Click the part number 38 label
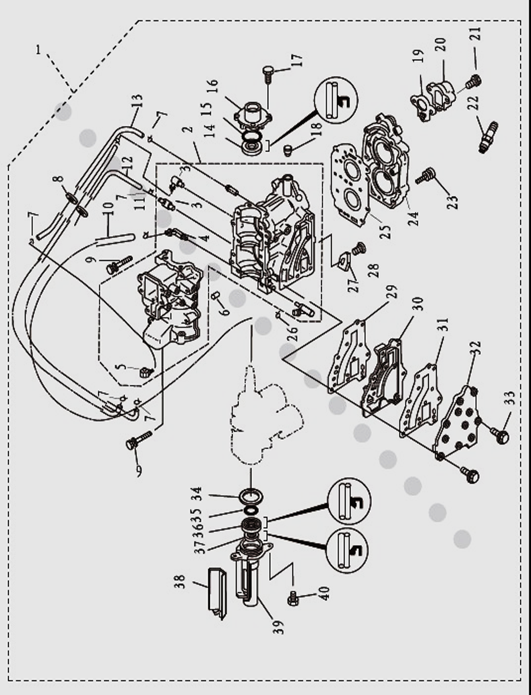(180, 582)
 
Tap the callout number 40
(323, 593)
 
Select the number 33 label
(509, 400)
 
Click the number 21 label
(476, 34)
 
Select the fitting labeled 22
(488, 136)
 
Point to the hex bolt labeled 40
(294, 598)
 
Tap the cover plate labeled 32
(460, 424)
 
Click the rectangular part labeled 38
(216, 592)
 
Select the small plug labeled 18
(288, 152)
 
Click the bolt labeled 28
(359, 250)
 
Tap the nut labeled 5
(146, 372)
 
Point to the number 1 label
(38, 49)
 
